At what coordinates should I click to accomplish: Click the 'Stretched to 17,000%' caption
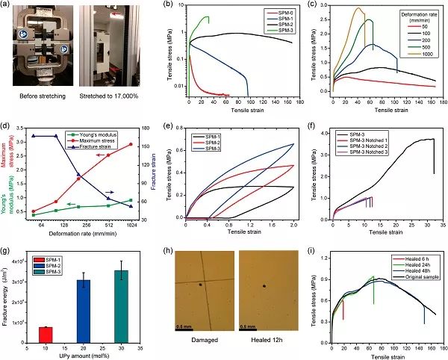[x=108, y=96]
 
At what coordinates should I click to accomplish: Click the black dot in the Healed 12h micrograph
[x=265, y=286]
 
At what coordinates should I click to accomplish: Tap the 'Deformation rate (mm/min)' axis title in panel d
[x=82, y=232]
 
